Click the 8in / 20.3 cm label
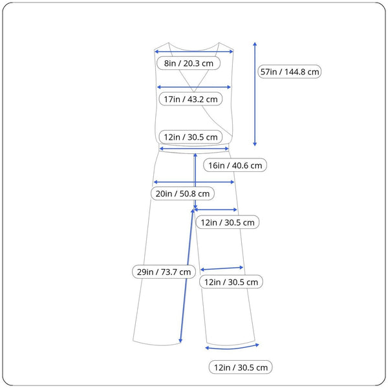point(189,63)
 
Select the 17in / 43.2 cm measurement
point(191,99)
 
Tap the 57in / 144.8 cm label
point(290,72)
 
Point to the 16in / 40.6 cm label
point(235,165)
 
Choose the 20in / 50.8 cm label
point(182,193)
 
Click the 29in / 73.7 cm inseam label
point(164,272)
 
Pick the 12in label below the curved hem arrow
point(241,367)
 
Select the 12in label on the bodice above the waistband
point(191,137)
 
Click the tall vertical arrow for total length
point(255,94)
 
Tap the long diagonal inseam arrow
point(187,276)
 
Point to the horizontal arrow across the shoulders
point(194,52)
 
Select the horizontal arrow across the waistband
point(194,149)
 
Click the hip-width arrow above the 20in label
point(194,182)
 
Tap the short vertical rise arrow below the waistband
point(195,181)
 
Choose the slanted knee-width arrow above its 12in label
point(222,268)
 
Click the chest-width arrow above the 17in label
point(194,87)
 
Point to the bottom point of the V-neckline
point(194,92)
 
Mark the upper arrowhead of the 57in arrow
point(255,44)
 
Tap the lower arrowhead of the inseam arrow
point(180,341)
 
